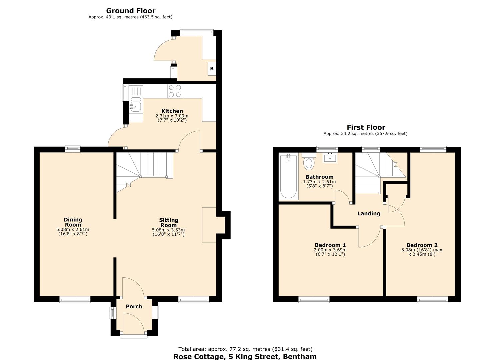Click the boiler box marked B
pos(212,69)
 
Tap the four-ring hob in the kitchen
pos(175,91)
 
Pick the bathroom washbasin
pos(330,157)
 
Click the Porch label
pos(134,306)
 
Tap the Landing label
pos(368,214)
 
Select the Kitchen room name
pos(172,111)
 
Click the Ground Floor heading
pos(131,11)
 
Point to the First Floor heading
pos(366,127)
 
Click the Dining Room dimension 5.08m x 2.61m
pos(73,229)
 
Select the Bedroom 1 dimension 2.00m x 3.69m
pos(330,250)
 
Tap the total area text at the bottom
pos(245,349)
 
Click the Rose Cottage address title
pos(245,356)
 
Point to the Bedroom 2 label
pos(422,245)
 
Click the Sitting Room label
pos(168,222)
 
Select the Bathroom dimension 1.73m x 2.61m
pos(319,182)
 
